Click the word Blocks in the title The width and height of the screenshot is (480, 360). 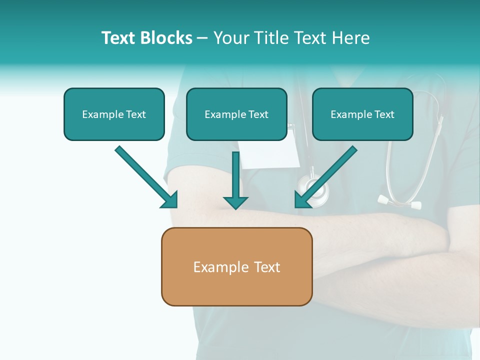click(166, 37)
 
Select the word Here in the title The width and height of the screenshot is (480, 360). click(351, 37)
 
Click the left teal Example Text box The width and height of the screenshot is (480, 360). click(114, 114)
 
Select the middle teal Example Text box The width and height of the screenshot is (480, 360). click(236, 114)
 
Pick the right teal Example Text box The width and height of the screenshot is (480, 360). click(363, 114)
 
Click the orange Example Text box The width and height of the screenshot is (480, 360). click(237, 266)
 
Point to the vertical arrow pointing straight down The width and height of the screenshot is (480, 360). click(235, 180)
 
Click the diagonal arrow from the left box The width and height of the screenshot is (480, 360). click(146, 177)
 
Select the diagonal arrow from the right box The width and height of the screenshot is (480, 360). click(326, 177)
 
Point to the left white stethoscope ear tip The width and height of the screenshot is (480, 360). click(383, 200)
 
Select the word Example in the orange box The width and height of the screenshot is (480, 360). click(220, 267)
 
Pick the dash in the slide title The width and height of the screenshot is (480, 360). click(202, 39)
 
